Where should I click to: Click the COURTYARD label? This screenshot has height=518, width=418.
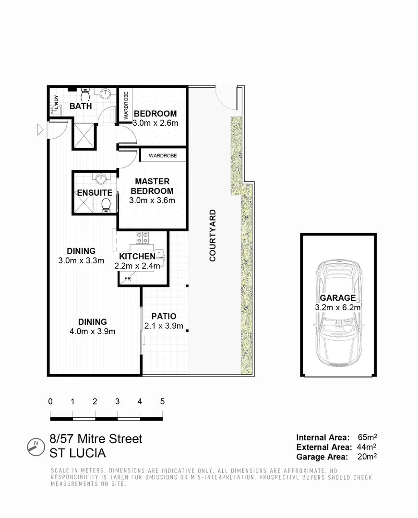click(212, 235)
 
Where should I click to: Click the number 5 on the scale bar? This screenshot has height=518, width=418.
click(162, 401)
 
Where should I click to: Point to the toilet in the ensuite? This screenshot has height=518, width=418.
click(106, 205)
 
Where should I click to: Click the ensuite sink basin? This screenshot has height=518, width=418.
click(101, 179)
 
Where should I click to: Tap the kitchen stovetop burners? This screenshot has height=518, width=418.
click(143, 237)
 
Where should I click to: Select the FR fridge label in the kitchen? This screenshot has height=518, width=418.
click(128, 278)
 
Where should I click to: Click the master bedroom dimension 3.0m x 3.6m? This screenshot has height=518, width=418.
click(152, 200)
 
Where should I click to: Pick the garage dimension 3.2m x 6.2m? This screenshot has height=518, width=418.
click(338, 307)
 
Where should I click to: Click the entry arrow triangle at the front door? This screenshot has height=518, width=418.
click(40, 129)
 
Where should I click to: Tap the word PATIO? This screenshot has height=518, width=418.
click(164, 317)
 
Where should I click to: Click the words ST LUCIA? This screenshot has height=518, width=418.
click(78, 453)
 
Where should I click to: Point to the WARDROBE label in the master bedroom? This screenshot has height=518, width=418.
click(163, 156)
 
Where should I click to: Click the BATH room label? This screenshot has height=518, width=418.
click(81, 106)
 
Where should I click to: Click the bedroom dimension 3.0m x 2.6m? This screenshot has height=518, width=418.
click(155, 123)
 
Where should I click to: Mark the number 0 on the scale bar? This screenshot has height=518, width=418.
click(50, 401)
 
